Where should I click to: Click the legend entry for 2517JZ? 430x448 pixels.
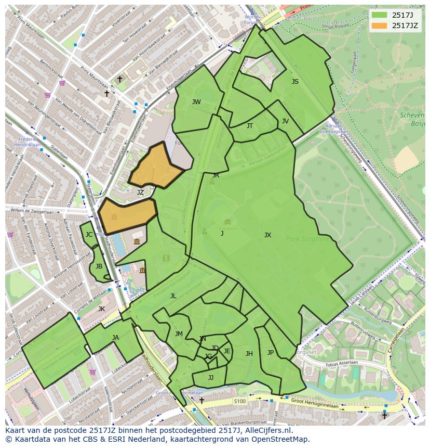(x=405, y=25)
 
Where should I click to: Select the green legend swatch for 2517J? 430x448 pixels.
(x=380, y=15)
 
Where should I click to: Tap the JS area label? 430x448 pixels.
(x=295, y=82)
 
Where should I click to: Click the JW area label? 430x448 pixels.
(x=196, y=102)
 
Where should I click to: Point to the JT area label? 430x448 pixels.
(x=250, y=126)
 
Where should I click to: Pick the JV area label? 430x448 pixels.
(x=285, y=121)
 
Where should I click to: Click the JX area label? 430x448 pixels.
(x=267, y=235)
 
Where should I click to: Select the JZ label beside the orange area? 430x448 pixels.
(x=140, y=193)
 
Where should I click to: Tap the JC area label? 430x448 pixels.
(x=89, y=235)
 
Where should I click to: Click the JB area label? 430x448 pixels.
(x=99, y=266)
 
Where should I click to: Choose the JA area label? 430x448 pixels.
(x=115, y=338)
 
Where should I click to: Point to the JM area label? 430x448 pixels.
(x=179, y=334)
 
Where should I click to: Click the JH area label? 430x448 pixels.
(x=249, y=354)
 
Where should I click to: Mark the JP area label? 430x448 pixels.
(x=271, y=353)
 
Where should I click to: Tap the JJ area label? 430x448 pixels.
(x=211, y=378)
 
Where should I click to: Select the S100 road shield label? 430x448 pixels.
(x=239, y=401)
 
